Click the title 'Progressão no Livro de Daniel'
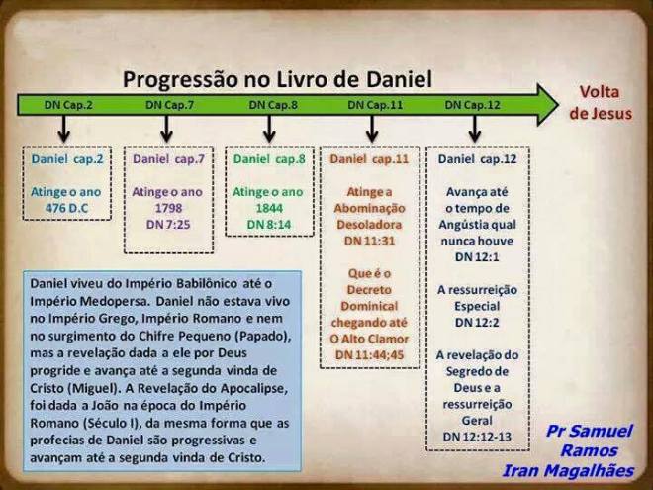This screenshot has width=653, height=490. pyautogui.click(x=277, y=79)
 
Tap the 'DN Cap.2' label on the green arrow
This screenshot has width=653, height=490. pyautogui.click(x=66, y=104)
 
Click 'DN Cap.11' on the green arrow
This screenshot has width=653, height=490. pyautogui.click(x=372, y=104)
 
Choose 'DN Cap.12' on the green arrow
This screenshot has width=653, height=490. pyautogui.click(x=472, y=104)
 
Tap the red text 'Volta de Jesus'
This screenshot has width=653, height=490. pyautogui.click(x=600, y=103)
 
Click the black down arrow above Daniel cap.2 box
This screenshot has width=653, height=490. pyautogui.click(x=64, y=129)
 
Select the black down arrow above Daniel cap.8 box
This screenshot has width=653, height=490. pyautogui.click(x=268, y=129)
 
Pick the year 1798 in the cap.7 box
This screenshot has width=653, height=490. pyautogui.click(x=167, y=208)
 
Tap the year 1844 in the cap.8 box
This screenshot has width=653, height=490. pyautogui.click(x=268, y=208)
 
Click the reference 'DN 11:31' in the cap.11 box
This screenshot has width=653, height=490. pyautogui.click(x=369, y=241)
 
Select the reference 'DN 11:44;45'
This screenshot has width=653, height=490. pyautogui.click(x=369, y=354)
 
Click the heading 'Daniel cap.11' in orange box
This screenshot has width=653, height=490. pyautogui.click(x=369, y=158)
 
